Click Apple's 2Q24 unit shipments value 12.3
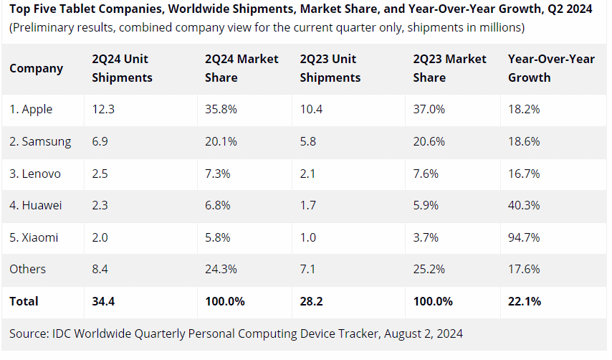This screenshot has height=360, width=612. click(x=103, y=110)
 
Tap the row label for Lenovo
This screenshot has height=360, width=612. click(x=35, y=174)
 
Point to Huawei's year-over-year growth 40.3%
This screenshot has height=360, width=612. click(x=524, y=205)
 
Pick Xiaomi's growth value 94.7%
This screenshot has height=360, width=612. click(x=524, y=237)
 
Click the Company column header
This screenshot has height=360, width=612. click(x=37, y=68)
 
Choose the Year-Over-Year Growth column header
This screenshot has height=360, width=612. click(x=551, y=68)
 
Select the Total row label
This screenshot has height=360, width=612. click(x=24, y=301)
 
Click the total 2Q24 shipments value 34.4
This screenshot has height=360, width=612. click(x=103, y=301)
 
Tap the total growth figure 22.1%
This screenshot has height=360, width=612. click(x=525, y=301)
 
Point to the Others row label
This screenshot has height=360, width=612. click(x=28, y=269)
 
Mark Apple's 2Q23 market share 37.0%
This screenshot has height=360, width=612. click(x=429, y=110)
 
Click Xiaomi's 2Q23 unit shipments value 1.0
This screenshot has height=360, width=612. click(x=308, y=237)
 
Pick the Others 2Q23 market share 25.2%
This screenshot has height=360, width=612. click(x=429, y=269)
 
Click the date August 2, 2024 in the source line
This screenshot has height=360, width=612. click(x=423, y=333)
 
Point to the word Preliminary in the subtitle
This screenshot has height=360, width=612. click(x=44, y=28)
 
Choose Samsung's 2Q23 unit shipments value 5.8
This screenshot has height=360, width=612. click(x=308, y=141)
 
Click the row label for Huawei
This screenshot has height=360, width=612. click(x=36, y=205)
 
